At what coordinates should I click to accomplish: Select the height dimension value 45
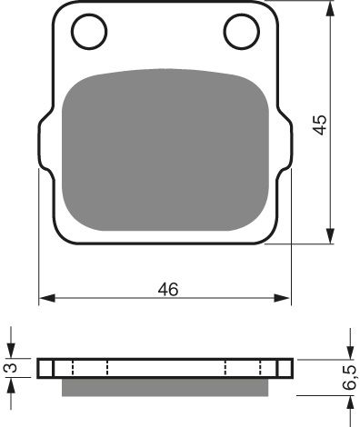pyautogui.click(x=318, y=124)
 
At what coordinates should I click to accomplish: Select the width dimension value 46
pyautogui.click(x=167, y=289)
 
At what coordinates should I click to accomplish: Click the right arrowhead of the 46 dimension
pyautogui.click(x=287, y=299)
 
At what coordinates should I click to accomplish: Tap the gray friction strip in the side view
pyautogui.click(x=168, y=387)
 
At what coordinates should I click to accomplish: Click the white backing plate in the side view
pyautogui.click(x=168, y=368)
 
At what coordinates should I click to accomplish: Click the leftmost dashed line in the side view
pyautogui.click(x=55, y=368)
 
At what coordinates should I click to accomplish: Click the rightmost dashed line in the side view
pyautogui.click(x=278, y=368)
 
